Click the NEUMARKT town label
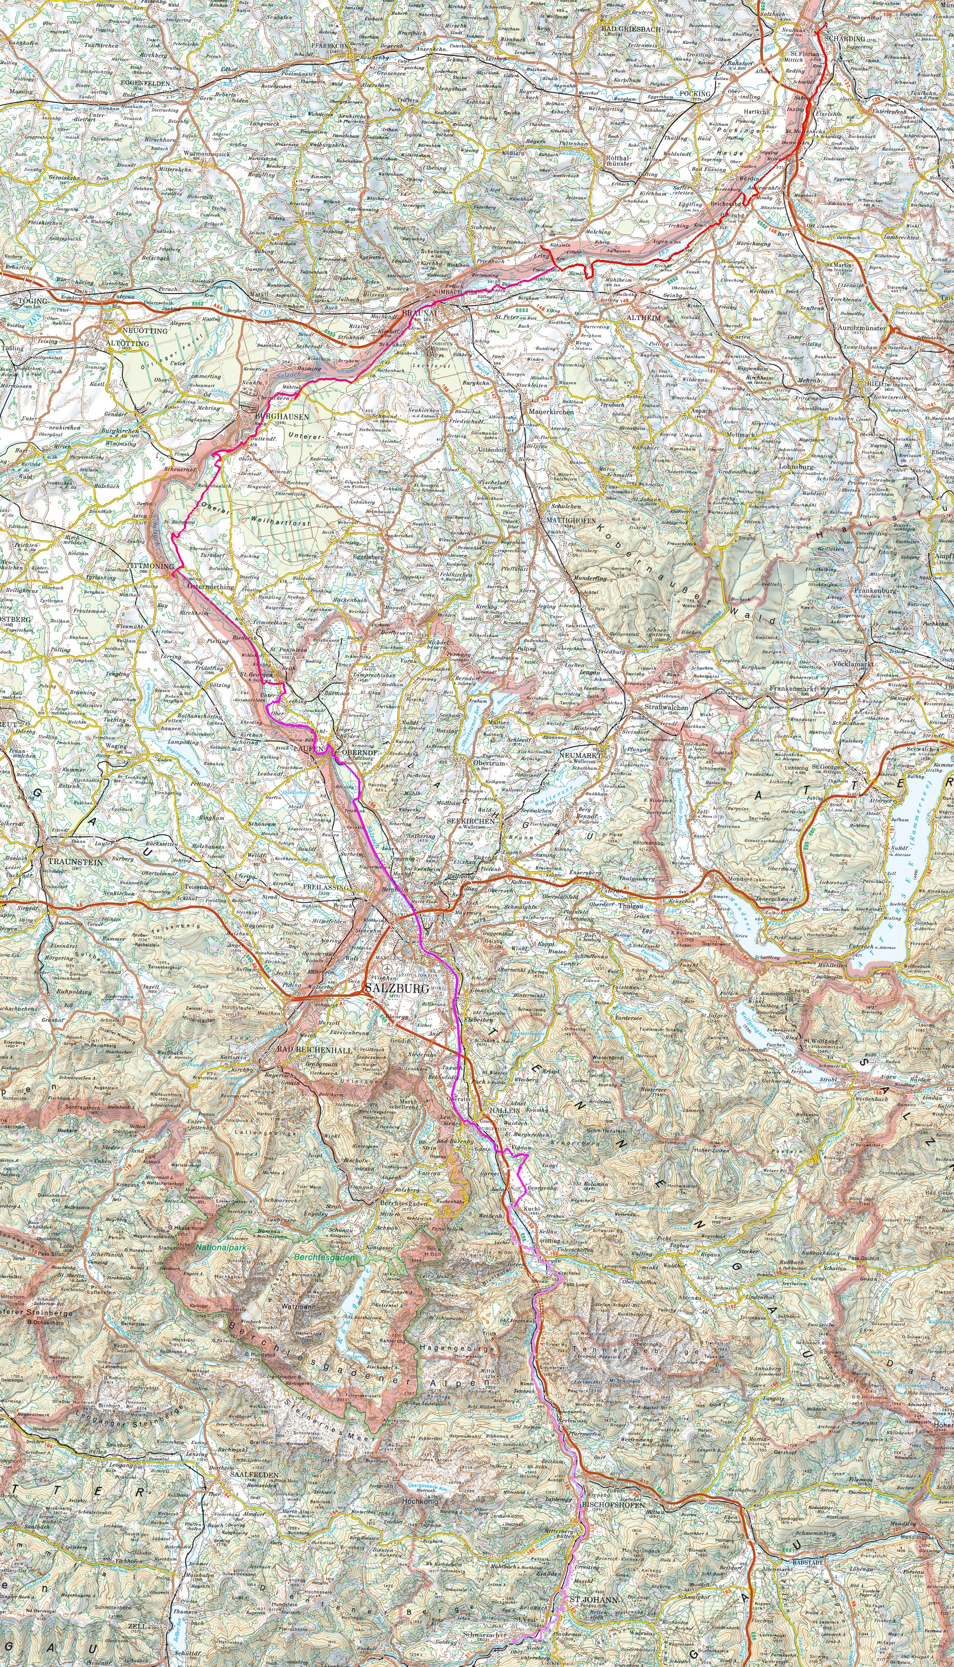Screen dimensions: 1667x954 coord(580,755)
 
